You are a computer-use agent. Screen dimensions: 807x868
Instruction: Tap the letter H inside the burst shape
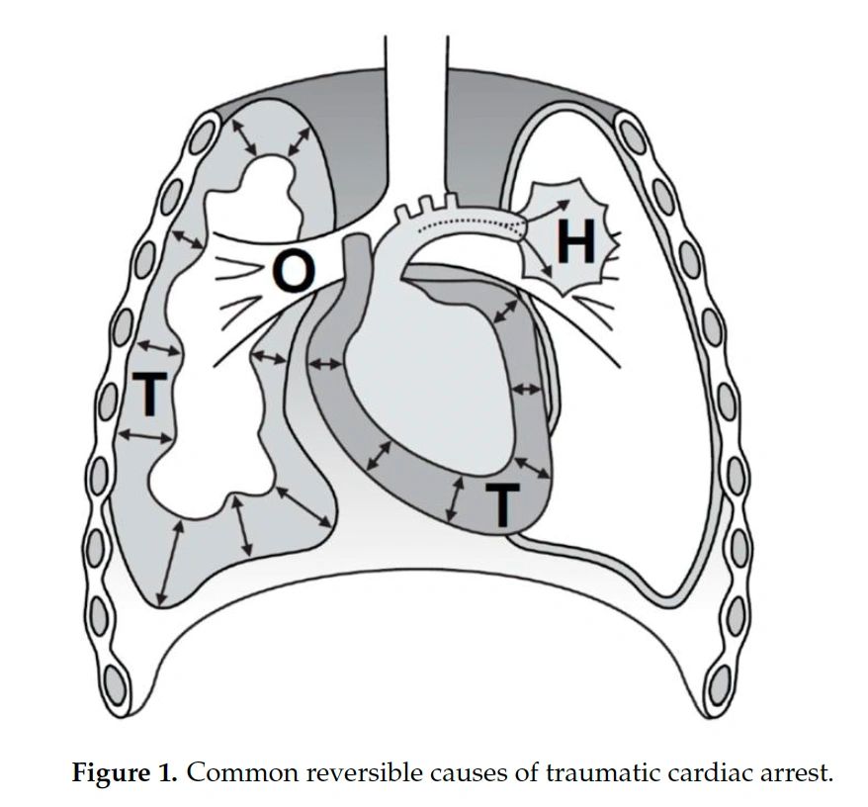pyautogui.click(x=576, y=239)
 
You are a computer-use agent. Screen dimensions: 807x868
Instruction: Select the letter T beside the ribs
pyautogui.click(x=148, y=393)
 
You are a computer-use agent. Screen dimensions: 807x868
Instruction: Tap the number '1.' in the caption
pyautogui.click(x=170, y=772)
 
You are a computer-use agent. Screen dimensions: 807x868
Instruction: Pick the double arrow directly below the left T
pyautogui.click(x=144, y=435)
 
